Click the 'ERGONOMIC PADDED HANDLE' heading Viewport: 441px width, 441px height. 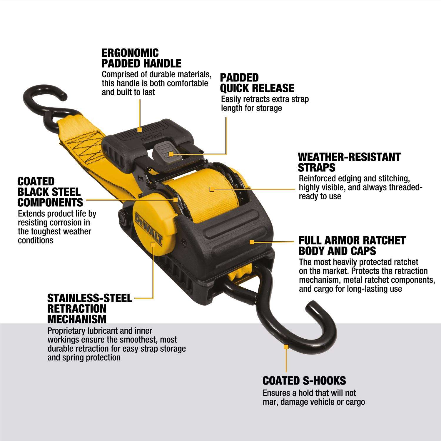[141, 58]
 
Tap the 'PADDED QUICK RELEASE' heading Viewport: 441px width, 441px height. [257, 83]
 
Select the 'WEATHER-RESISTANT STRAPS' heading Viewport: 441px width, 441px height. [349, 162]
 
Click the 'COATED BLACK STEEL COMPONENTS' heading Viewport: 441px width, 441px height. [50, 192]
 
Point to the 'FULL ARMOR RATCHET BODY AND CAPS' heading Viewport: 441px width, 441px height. [352, 245]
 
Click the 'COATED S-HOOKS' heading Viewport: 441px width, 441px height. [304, 381]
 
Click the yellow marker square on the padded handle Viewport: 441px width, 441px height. [140, 129]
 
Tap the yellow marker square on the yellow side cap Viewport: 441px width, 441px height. [153, 244]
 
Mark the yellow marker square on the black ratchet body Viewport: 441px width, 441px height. [251, 242]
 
